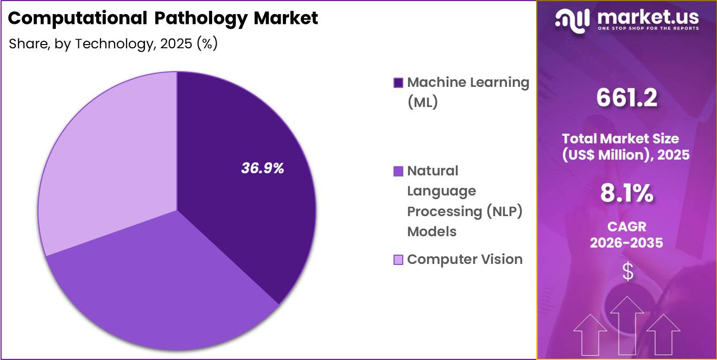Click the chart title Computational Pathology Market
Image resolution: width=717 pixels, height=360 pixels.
pos(163,18)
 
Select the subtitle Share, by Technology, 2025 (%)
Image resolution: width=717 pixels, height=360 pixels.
pos(113,44)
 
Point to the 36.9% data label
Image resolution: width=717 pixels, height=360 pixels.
pos(263,168)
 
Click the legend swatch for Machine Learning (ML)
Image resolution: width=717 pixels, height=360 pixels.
pos(398,83)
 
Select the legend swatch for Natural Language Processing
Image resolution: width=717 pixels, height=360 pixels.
pos(398,172)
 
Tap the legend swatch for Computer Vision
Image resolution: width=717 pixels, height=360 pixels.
pos(398,260)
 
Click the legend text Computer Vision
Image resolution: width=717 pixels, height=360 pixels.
pos(465,260)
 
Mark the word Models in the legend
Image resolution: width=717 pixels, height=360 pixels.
pos(432,232)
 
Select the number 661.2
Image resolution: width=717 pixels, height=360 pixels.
pos(626,98)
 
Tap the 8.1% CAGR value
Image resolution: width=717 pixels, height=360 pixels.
pos(626,194)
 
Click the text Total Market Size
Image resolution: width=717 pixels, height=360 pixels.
pos(620,138)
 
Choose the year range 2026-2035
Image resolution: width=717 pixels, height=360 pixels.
pos(626,243)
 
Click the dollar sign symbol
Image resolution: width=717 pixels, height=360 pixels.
pos(627,272)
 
